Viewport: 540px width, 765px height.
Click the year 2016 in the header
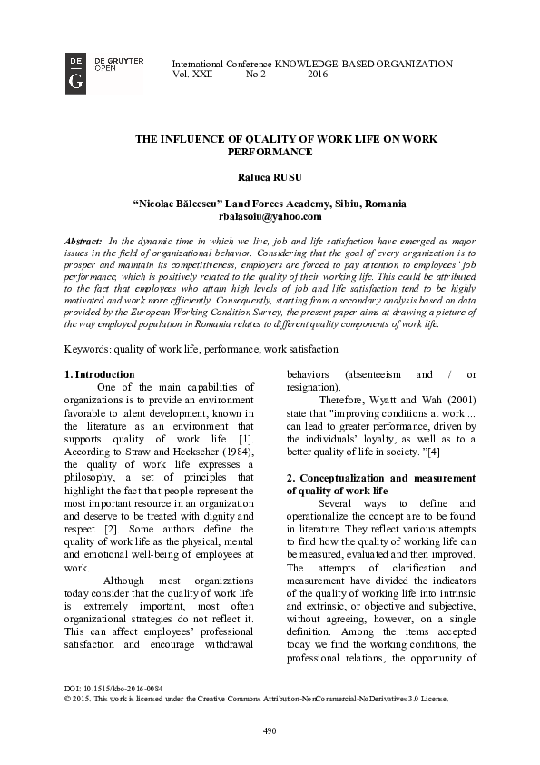[318, 75]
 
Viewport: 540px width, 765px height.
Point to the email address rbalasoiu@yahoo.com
[270, 216]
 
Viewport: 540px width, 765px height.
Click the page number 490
[270, 731]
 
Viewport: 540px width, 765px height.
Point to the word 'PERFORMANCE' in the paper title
[270, 153]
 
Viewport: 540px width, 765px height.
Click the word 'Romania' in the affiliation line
[384, 204]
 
